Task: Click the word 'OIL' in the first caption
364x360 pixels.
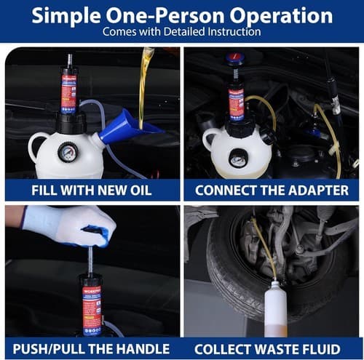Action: point(138,190)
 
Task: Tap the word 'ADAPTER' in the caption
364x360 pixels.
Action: point(314,190)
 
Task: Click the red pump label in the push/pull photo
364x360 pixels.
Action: point(92,309)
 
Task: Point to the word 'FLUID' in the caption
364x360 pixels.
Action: point(328,348)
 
